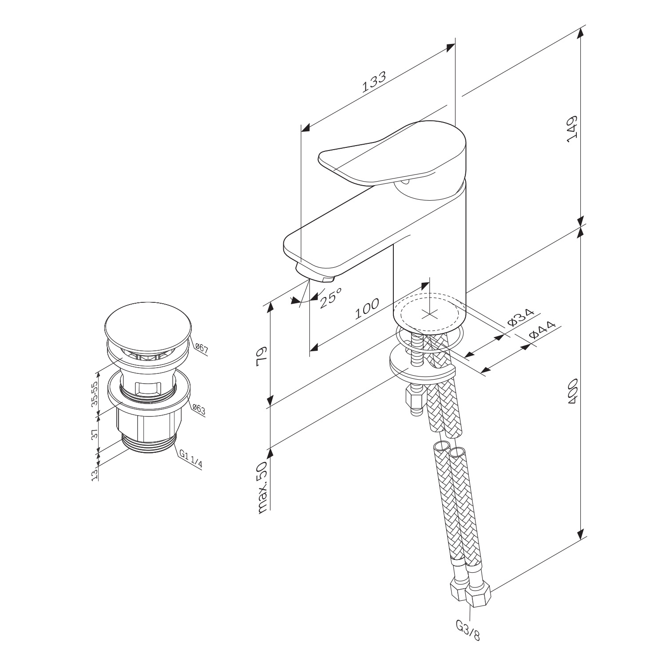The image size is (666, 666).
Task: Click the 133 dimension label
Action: coord(373,82)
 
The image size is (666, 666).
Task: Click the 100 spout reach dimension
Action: coord(367,309)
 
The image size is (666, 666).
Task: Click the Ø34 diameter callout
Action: coord(520,319)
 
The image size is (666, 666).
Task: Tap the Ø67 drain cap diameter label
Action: coord(202,348)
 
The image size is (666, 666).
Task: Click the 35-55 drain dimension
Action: coord(94,394)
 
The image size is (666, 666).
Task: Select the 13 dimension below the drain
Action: coord(94,476)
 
